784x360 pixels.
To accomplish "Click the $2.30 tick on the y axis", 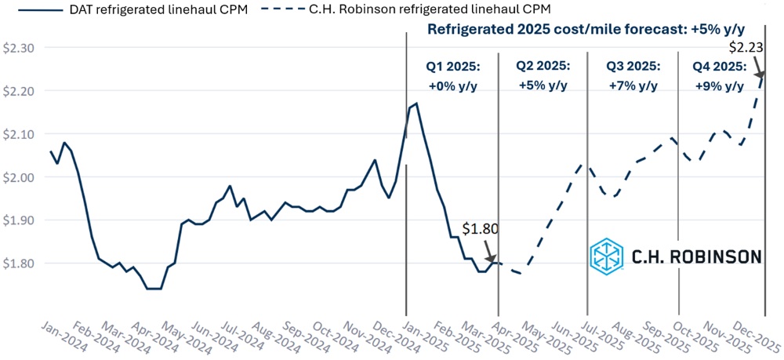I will [16, 48].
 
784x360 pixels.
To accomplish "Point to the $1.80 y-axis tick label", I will [16, 264].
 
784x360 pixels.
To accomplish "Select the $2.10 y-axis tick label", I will [16, 134].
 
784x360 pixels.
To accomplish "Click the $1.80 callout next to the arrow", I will [479, 230].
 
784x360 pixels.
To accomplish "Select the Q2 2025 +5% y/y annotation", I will [543, 75].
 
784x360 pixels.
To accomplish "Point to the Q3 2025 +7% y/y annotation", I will [633, 75].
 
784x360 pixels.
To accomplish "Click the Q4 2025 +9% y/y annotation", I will [720, 75].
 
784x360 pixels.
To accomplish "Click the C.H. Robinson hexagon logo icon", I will [607, 256].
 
